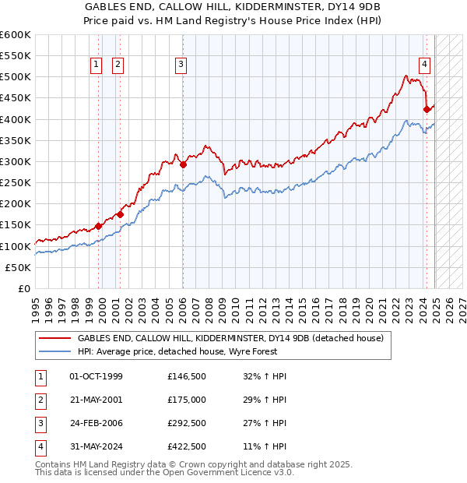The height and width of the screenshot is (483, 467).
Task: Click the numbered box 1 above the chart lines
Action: (x=96, y=65)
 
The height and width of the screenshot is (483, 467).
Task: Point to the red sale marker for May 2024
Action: (x=427, y=110)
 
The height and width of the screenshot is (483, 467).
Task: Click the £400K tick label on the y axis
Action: (x=16, y=119)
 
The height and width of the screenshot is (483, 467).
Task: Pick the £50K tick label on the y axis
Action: (x=19, y=267)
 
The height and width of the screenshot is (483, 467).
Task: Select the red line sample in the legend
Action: (x=54, y=339)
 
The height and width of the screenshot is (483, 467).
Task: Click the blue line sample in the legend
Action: (x=54, y=352)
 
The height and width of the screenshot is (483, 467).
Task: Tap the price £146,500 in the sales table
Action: (x=187, y=376)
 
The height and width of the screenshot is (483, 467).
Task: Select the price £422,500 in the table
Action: (x=187, y=446)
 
